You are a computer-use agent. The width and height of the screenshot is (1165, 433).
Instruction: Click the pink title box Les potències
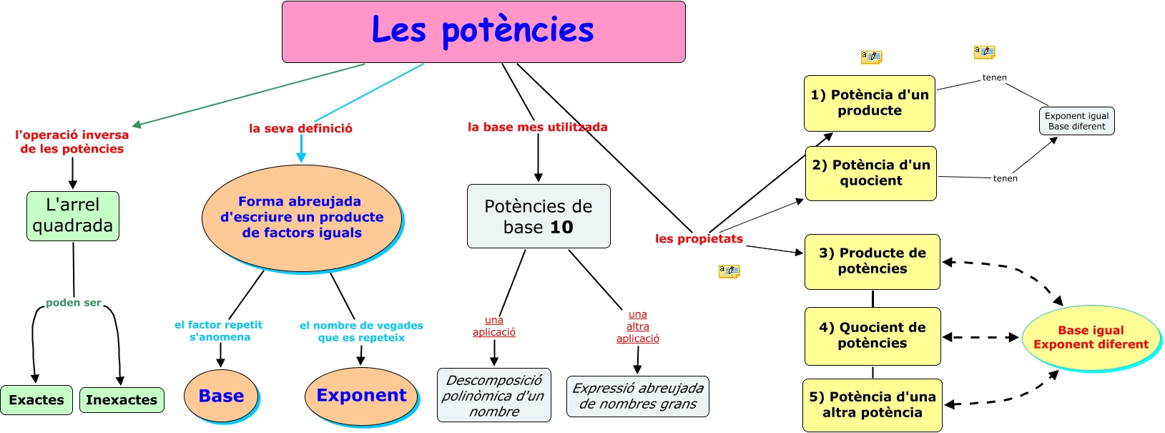[483, 31]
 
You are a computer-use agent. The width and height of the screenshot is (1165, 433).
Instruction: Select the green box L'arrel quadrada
[73, 215]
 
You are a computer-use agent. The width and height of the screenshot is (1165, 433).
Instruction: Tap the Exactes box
[36, 399]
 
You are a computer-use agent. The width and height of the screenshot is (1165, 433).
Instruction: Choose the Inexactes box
[122, 399]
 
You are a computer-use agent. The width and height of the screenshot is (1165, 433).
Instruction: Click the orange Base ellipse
[221, 396]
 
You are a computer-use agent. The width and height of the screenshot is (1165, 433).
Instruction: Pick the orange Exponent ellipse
[361, 395]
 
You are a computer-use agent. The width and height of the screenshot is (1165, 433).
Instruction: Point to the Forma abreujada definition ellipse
[302, 218]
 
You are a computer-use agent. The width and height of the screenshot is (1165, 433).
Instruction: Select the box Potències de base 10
[539, 216]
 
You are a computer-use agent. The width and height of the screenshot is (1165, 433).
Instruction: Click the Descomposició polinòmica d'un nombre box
[494, 395]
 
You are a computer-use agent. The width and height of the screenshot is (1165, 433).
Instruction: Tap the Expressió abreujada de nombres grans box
[638, 396]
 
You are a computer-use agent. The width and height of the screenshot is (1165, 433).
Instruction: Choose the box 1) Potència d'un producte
[870, 103]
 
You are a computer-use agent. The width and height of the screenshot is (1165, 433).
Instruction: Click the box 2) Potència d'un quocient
[871, 173]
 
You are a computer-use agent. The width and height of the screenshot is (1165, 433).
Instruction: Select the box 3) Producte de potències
[872, 261]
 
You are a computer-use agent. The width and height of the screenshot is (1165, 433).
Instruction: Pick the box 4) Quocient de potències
[872, 336]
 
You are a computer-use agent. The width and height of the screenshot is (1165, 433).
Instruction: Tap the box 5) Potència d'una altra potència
[872, 405]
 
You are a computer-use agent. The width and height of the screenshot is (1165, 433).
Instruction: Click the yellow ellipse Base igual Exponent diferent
[1091, 337]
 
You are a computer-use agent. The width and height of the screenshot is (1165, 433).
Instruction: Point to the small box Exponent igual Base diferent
[1076, 121]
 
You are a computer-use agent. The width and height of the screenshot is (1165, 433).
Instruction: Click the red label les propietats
[699, 238]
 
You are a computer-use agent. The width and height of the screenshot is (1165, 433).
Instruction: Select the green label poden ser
[74, 303]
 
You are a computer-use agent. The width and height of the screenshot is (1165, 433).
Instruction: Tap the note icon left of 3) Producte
[729, 271]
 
